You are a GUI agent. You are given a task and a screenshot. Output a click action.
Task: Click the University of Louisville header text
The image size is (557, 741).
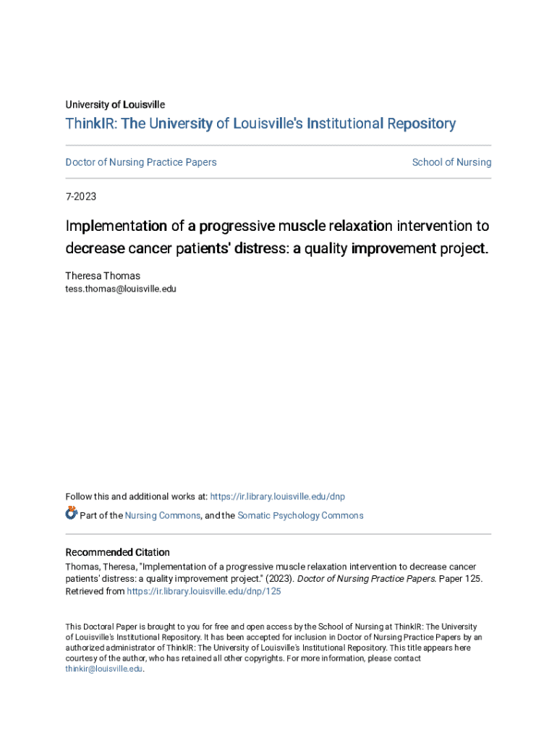click(115, 105)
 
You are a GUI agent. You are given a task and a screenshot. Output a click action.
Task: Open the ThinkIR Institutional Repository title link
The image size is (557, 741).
click(260, 124)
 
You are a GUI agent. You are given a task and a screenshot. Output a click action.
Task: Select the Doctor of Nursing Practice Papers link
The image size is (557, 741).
click(141, 162)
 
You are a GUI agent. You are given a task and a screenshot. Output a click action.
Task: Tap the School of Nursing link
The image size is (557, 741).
click(451, 162)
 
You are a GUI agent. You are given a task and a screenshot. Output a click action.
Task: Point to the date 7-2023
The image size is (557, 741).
click(81, 197)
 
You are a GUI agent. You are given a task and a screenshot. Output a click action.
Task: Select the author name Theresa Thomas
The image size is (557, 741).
click(103, 276)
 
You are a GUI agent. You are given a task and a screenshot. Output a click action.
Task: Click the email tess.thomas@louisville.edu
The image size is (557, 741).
click(121, 289)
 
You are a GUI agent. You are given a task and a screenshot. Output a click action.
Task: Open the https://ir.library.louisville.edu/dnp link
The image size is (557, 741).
click(277, 496)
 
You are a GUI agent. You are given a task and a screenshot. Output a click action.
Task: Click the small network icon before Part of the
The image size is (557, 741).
click(71, 514)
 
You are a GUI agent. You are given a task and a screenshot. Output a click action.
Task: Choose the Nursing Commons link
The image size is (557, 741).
click(163, 516)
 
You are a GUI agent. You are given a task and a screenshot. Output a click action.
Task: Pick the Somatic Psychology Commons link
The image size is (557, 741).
click(300, 516)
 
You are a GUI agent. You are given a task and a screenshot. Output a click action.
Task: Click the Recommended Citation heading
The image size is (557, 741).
click(118, 552)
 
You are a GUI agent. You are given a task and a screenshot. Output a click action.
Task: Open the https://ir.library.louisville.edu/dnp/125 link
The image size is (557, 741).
click(204, 591)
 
